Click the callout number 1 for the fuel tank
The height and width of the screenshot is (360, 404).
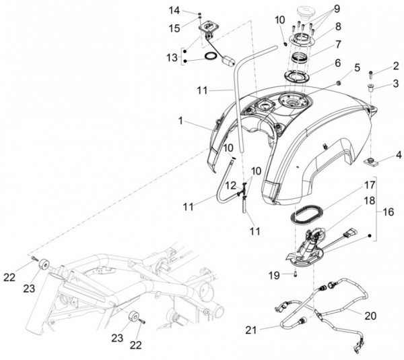click(180, 121)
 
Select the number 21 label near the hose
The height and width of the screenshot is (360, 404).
click(251, 330)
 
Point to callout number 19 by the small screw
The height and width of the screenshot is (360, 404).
click(274, 276)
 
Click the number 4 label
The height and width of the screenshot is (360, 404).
click(399, 155)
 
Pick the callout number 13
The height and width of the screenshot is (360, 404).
click(172, 57)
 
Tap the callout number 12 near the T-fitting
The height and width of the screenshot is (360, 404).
click(231, 185)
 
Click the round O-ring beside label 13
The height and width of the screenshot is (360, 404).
click(211, 56)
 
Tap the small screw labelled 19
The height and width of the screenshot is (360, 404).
click(296, 275)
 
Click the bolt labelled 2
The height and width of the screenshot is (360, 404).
click(371, 75)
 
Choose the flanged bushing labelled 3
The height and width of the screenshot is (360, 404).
click(371, 88)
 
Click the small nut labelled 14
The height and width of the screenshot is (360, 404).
click(199, 13)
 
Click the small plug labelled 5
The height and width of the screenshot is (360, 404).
click(339, 83)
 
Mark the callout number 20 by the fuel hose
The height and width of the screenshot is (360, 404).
click(370, 316)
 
